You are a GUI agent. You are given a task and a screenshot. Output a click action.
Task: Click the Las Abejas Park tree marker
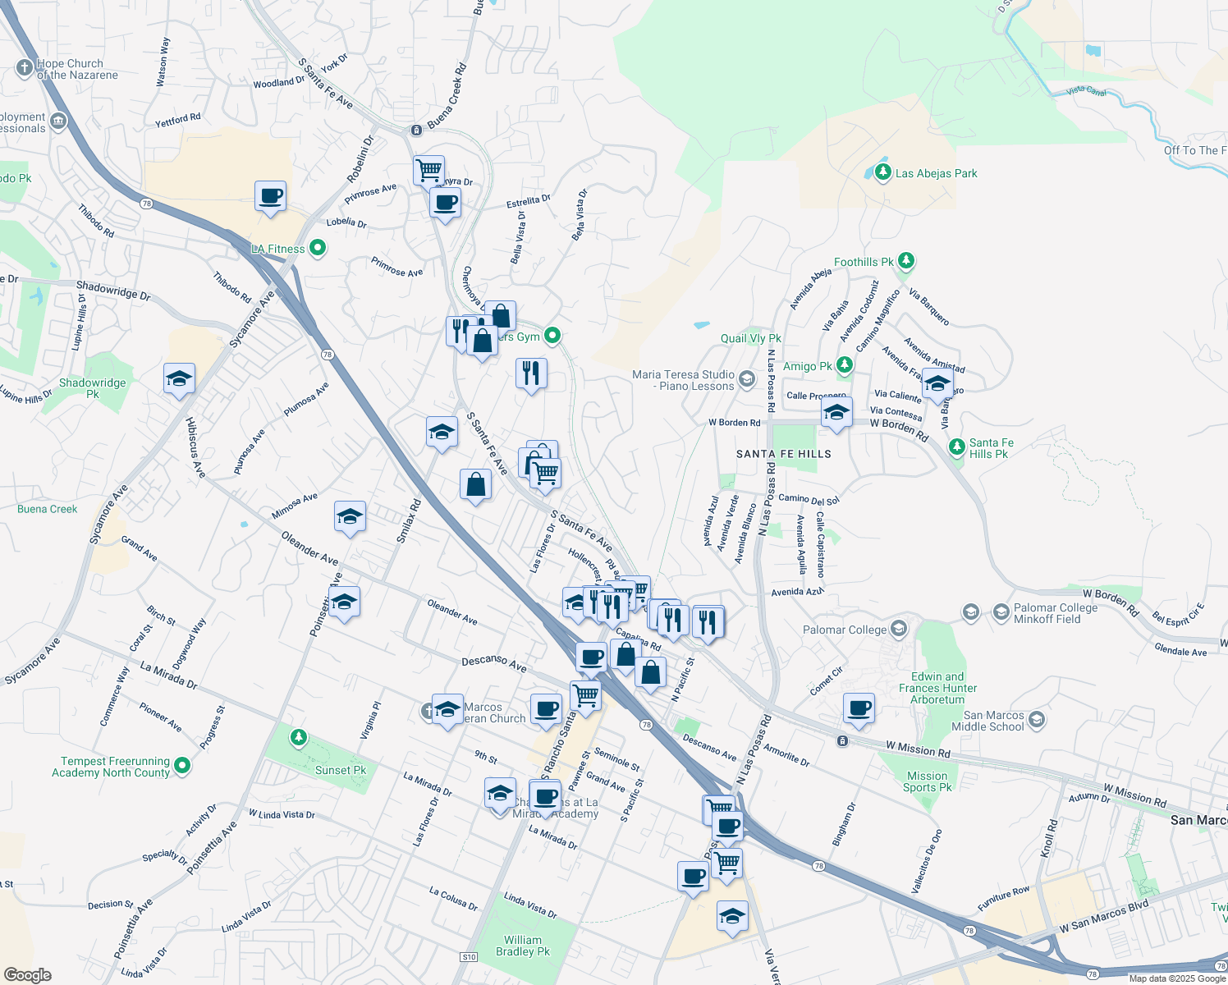[x=882, y=172]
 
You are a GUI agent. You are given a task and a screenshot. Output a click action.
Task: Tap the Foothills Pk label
[x=864, y=262]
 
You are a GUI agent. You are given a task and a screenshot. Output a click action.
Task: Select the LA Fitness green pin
[x=318, y=248]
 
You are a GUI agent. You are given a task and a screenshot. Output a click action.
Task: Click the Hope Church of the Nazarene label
[x=76, y=69]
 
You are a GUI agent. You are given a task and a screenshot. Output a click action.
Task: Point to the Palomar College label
[x=844, y=630]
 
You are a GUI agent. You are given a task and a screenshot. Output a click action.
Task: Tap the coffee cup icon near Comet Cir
[x=859, y=708]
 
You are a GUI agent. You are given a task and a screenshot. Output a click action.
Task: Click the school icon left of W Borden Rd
[x=836, y=412]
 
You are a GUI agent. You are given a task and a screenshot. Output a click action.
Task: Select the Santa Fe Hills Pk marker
[x=956, y=447]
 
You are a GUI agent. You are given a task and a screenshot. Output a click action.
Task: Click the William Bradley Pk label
[x=523, y=946]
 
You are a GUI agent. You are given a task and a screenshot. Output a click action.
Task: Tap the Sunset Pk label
[x=341, y=770]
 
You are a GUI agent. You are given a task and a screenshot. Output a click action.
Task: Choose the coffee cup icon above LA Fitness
[x=270, y=197]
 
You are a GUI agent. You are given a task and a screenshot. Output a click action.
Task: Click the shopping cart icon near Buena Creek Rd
[x=428, y=171]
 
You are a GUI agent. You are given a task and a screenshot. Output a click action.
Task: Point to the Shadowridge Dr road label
[x=113, y=291]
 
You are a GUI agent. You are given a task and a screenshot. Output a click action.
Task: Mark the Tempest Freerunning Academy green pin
[x=182, y=766]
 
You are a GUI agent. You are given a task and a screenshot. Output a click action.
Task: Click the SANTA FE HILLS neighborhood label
[x=783, y=454]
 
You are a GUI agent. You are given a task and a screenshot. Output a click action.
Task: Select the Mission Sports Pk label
[x=928, y=781]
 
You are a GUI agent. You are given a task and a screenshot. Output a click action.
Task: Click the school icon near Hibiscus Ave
[x=179, y=379]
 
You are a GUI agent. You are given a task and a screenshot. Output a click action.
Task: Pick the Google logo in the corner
[x=27, y=975]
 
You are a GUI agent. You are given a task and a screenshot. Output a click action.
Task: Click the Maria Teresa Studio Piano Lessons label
[x=683, y=380]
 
